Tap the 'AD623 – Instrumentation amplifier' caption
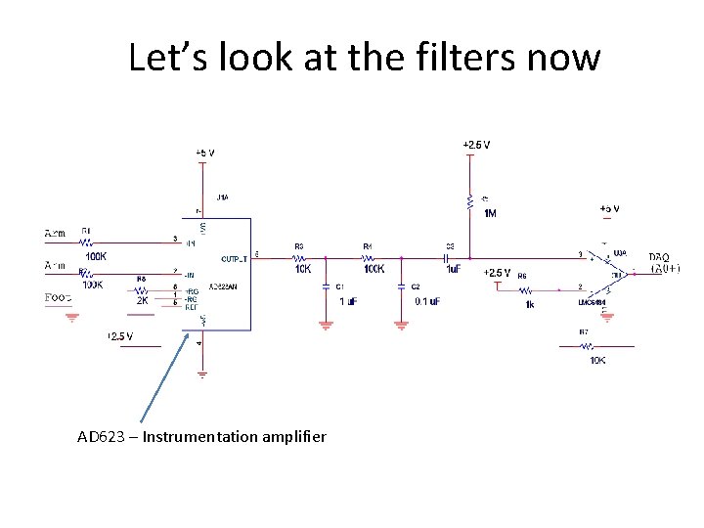click(201, 436)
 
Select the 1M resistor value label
click(490, 213)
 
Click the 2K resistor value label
click(142, 301)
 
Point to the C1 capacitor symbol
click(326, 286)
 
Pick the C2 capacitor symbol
click(401, 286)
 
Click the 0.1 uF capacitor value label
click(427, 301)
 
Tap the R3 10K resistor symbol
click(302, 258)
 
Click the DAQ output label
click(658, 256)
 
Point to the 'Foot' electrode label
click(58, 297)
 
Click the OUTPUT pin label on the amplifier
click(235, 259)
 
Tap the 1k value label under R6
click(529, 304)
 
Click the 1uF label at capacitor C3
click(453, 269)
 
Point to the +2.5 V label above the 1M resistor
click(476, 145)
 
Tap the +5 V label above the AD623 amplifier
click(204, 153)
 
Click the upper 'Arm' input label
click(58, 233)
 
